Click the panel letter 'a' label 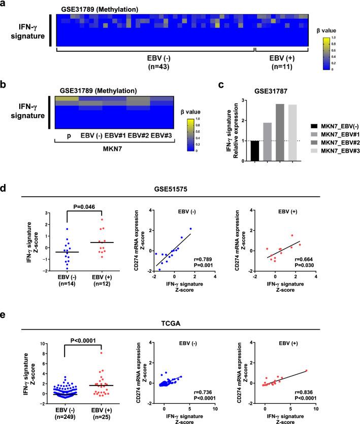pos(5,6)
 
